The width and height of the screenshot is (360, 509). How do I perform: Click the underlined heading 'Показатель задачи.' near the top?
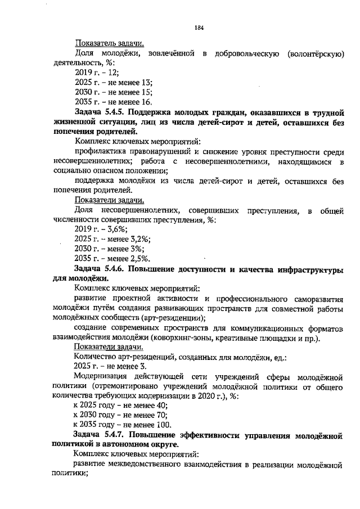pos(109,43)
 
